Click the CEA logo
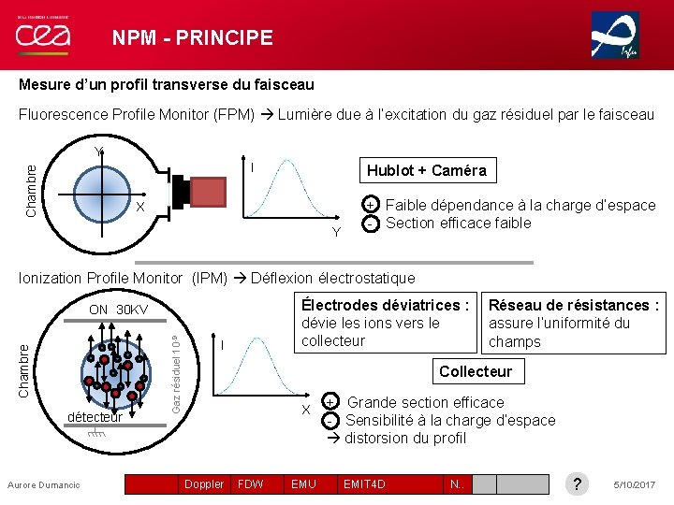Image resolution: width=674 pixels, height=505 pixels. (x=43, y=36)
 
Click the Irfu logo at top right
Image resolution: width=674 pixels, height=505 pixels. (x=615, y=36)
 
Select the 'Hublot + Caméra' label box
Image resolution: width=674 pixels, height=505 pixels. (x=426, y=170)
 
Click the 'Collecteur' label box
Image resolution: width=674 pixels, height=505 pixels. (x=475, y=371)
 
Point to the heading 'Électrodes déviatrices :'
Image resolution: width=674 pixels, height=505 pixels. (x=385, y=305)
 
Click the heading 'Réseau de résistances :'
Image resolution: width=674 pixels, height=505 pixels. (x=574, y=305)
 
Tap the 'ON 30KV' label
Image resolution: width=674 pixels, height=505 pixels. (x=119, y=310)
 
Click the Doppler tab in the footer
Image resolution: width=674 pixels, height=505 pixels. (x=204, y=483)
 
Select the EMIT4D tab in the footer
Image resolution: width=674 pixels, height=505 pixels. (x=364, y=483)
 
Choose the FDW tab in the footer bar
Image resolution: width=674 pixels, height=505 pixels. (x=250, y=483)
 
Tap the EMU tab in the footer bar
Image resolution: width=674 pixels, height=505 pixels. (x=303, y=483)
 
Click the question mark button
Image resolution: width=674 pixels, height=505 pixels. (x=578, y=483)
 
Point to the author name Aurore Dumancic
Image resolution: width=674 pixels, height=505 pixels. (x=44, y=484)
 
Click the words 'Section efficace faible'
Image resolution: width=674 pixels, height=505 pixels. (x=458, y=223)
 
